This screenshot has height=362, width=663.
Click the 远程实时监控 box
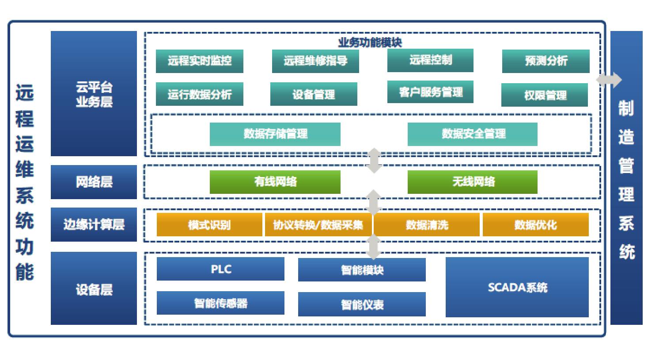199,61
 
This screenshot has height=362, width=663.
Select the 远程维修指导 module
315,61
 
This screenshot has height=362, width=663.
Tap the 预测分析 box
546,61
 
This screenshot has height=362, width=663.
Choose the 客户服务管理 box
430,92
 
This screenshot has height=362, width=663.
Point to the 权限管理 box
544,95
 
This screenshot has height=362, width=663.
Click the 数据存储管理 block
275,134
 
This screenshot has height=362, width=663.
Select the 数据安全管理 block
472,134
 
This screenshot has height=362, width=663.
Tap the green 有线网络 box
275,182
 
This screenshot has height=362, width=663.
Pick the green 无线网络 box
472,182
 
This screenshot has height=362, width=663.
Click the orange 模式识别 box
209,225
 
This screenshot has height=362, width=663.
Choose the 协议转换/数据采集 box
318,225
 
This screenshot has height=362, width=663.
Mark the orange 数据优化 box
535,225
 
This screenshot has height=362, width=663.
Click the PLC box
220,269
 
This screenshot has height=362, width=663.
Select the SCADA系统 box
517,287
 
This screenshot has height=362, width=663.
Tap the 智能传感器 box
220,303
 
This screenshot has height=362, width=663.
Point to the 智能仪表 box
362,304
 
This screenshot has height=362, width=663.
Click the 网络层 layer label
94,182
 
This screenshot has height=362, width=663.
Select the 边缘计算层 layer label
94,224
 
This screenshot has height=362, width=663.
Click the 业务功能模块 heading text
370,42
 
